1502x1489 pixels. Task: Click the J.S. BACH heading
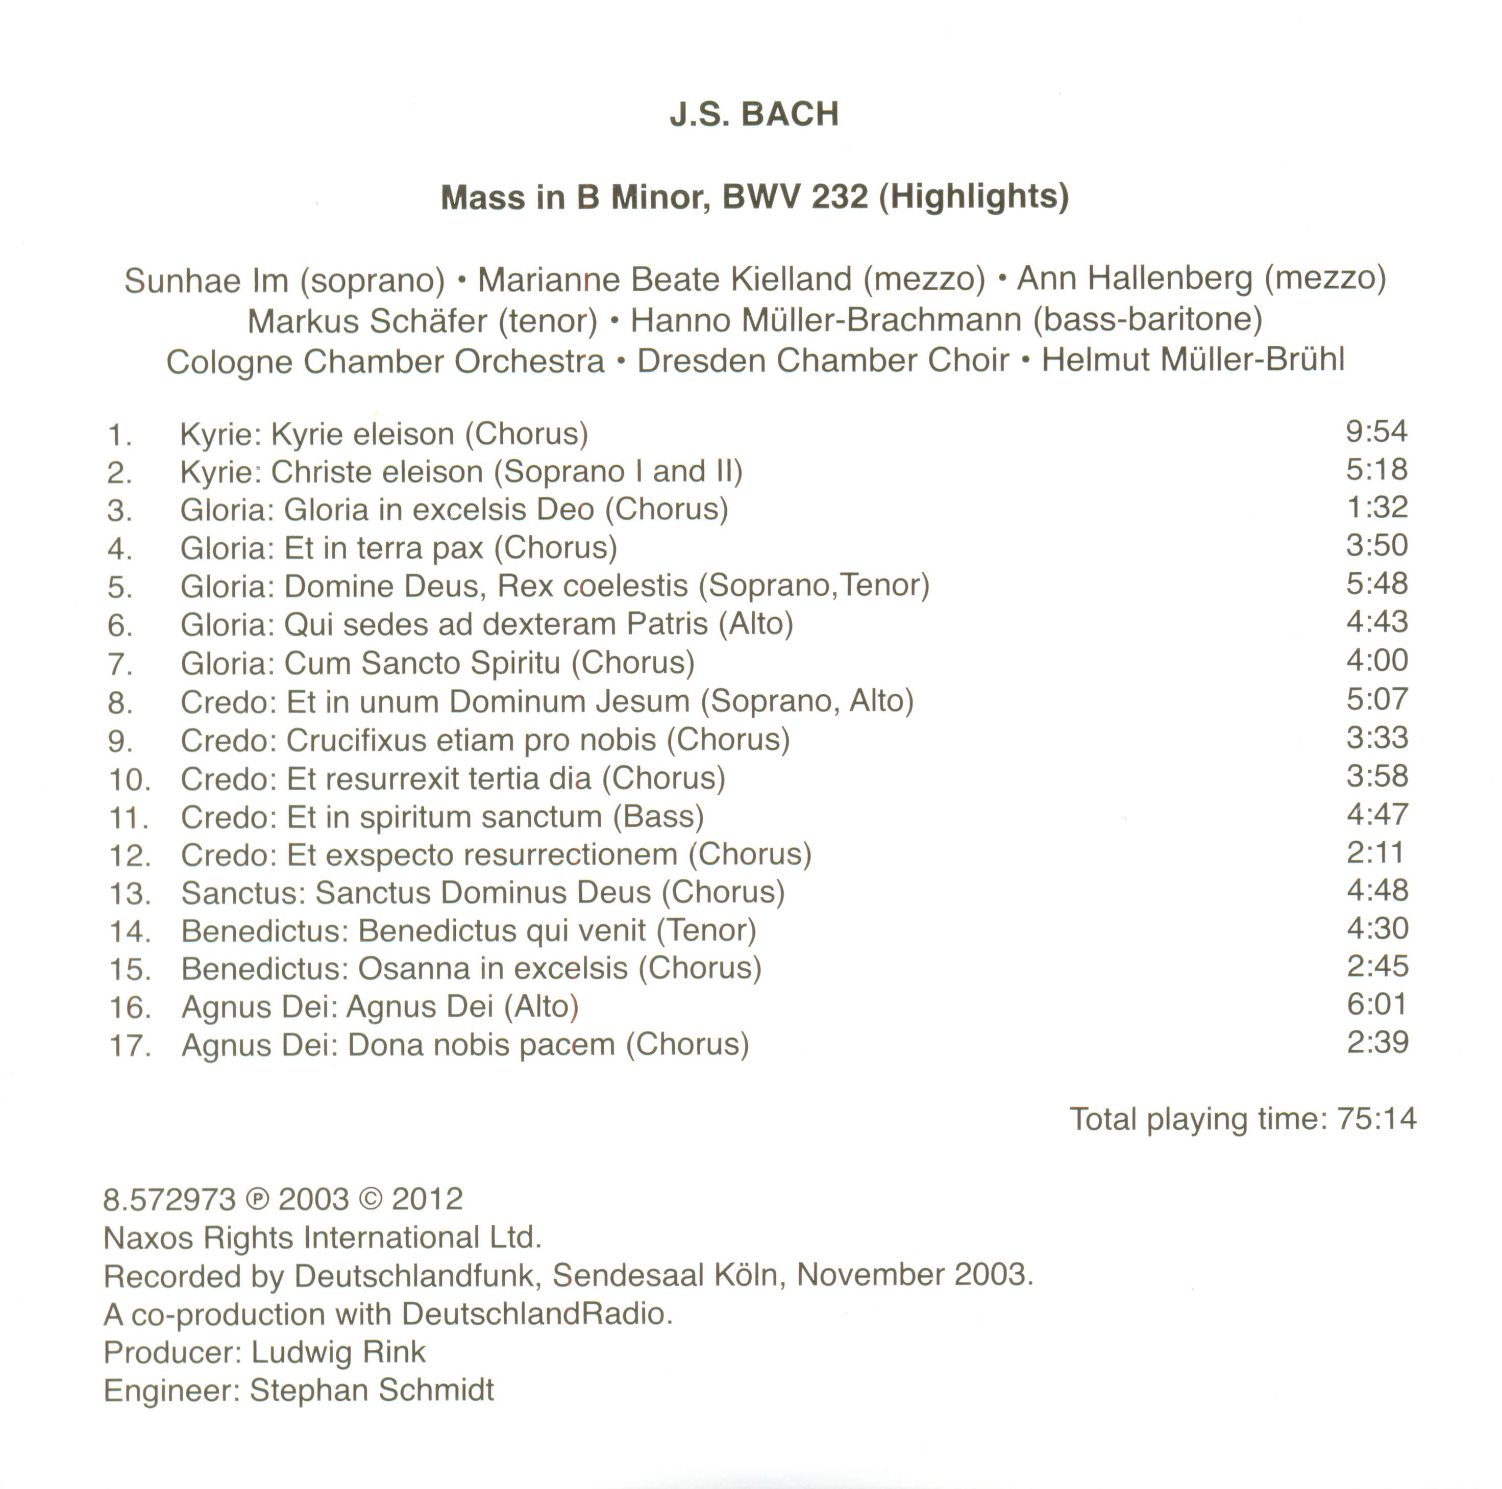(x=754, y=114)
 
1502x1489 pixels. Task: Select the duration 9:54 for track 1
(x=1376, y=432)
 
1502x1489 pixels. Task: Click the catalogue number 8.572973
(x=169, y=1199)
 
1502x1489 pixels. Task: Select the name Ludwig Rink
(x=338, y=1352)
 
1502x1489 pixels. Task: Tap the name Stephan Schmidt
(x=372, y=1391)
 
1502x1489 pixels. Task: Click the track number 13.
(x=129, y=894)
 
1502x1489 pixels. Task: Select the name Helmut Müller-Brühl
(x=1193, y=361)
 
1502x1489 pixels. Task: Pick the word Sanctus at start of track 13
(x=243, y=893)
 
